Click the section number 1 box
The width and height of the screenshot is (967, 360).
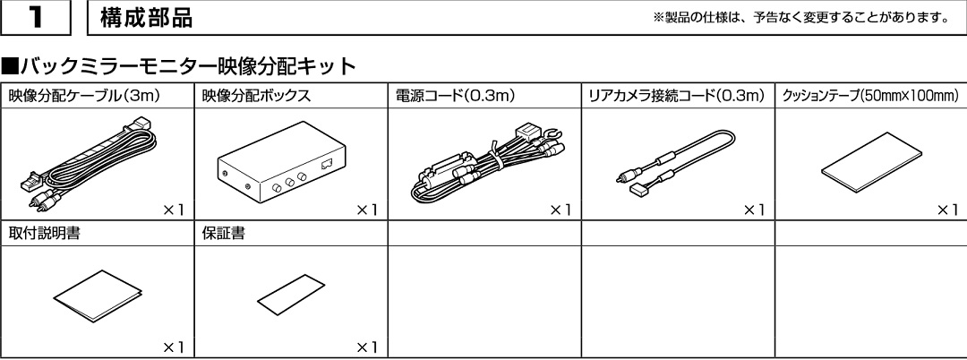35,17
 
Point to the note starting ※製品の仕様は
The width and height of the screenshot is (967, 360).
800,17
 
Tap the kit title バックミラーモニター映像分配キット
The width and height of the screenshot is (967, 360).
179,66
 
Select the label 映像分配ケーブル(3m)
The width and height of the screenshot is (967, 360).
84,96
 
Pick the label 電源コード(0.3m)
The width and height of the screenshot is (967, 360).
455,96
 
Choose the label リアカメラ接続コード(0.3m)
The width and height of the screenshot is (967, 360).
677,96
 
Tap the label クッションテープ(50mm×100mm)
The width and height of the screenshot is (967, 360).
870,96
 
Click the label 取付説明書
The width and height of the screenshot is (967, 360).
44,235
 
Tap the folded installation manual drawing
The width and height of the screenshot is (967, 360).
98,296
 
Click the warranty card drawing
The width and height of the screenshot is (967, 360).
291,294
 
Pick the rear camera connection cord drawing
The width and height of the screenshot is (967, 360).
676,163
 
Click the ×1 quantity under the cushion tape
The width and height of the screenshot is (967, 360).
946,210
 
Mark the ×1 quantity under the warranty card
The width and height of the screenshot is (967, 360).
366,347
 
